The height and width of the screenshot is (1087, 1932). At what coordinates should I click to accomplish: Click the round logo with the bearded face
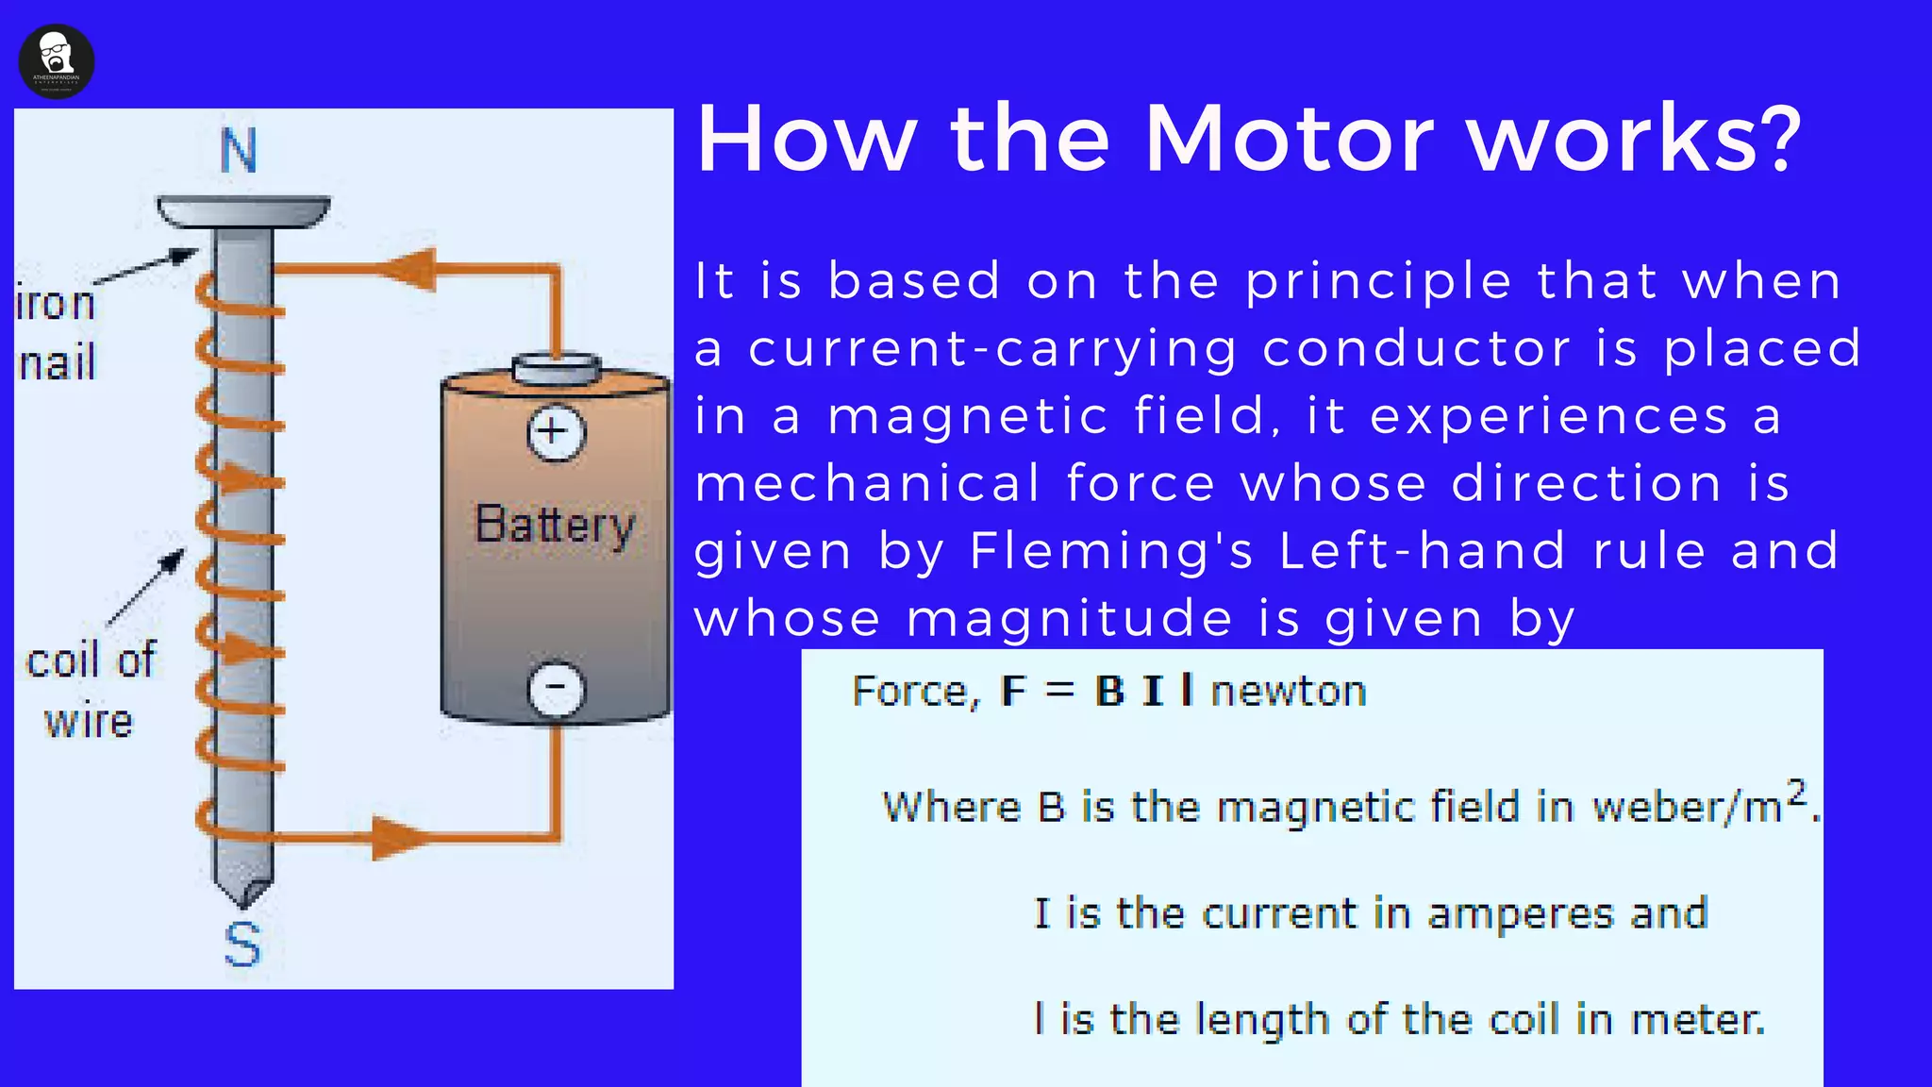tap(57, 61)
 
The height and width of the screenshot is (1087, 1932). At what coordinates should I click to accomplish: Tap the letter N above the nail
tap(239, 151)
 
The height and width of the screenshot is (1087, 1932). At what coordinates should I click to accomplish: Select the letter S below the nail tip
tap(242, 945)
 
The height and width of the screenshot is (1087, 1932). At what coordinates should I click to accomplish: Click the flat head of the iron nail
tap(243, 210)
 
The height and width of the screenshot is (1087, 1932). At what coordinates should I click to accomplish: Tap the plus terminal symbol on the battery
tap(556, 433)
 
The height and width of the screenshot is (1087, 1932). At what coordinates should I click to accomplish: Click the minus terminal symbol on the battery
tap(556, 688)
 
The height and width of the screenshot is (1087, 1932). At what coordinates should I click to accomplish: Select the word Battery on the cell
tap(555, 525)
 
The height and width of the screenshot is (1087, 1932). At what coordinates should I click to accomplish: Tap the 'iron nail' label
tap(57, 333)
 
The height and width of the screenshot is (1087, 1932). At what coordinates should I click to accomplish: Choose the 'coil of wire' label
tap(91, 690)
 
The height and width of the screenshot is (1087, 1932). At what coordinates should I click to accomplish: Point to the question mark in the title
tap(1777, 139)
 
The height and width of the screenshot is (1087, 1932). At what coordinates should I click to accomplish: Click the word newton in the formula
tap(1289, 692)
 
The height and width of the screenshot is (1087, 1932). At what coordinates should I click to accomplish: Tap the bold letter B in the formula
tap(1109, 692)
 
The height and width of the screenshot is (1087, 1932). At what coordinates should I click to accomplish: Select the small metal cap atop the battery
tap(556, 369)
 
